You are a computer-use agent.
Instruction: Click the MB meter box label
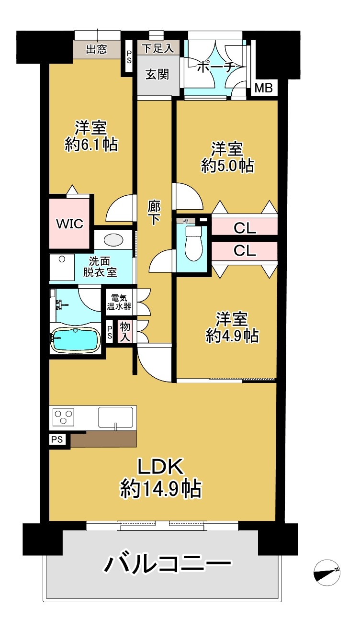point(263,88)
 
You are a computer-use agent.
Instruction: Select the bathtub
point(76,340)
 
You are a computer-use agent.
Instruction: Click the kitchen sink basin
point(115,417)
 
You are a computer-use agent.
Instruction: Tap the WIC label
point(69,224)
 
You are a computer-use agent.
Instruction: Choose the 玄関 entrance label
point(157,74)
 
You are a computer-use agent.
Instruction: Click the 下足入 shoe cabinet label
point(158,48)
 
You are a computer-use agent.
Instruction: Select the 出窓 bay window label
point(96,49)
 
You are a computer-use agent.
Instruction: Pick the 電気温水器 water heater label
point(119,302)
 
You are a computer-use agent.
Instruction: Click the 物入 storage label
point(125,332)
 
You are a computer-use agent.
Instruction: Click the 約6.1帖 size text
point(91,145)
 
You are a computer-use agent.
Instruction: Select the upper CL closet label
point(245,228)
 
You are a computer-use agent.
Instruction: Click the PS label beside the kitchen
point(57,439)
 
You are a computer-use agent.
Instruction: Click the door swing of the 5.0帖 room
point(188,196)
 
